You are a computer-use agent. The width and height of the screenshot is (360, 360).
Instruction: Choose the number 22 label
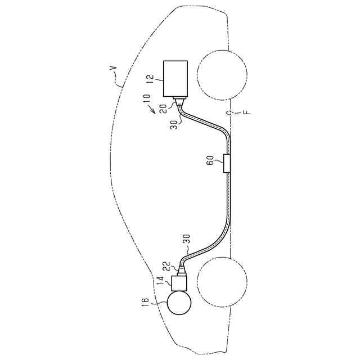coord(167,265)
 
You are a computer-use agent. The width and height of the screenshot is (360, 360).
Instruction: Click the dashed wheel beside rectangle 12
coord(222,74)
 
